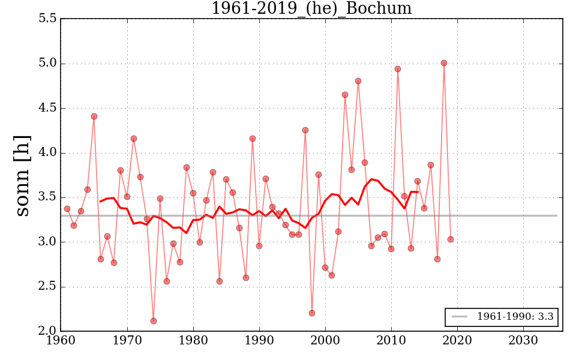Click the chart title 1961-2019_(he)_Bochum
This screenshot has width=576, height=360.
tap(311, 8)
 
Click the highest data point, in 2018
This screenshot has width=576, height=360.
tap(444, 63)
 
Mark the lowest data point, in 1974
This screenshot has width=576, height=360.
tap(154, 321)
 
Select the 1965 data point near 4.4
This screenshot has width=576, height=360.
tap(94, 116)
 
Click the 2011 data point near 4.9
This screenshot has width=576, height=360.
tap(398, 69)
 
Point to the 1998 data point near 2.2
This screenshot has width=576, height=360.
tap(312, 313)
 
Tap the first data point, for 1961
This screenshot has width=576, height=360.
tap(67, 209)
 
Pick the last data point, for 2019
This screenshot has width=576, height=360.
tap(451, 239)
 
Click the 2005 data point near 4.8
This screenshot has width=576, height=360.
tap(358, 81)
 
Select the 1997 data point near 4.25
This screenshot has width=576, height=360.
tap(305, 130)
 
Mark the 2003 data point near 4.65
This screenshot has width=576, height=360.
tap(345, 95)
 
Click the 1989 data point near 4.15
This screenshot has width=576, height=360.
tap(253, 139)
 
